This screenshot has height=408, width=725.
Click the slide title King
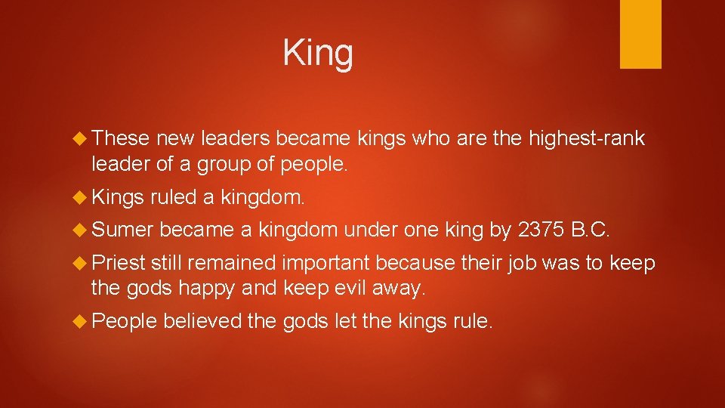point(318,54)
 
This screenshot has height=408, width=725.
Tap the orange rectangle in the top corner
point(640,34)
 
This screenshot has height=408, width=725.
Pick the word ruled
point(173,199)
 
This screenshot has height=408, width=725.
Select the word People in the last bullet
point(124,323)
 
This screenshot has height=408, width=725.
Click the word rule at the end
point(473,323)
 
